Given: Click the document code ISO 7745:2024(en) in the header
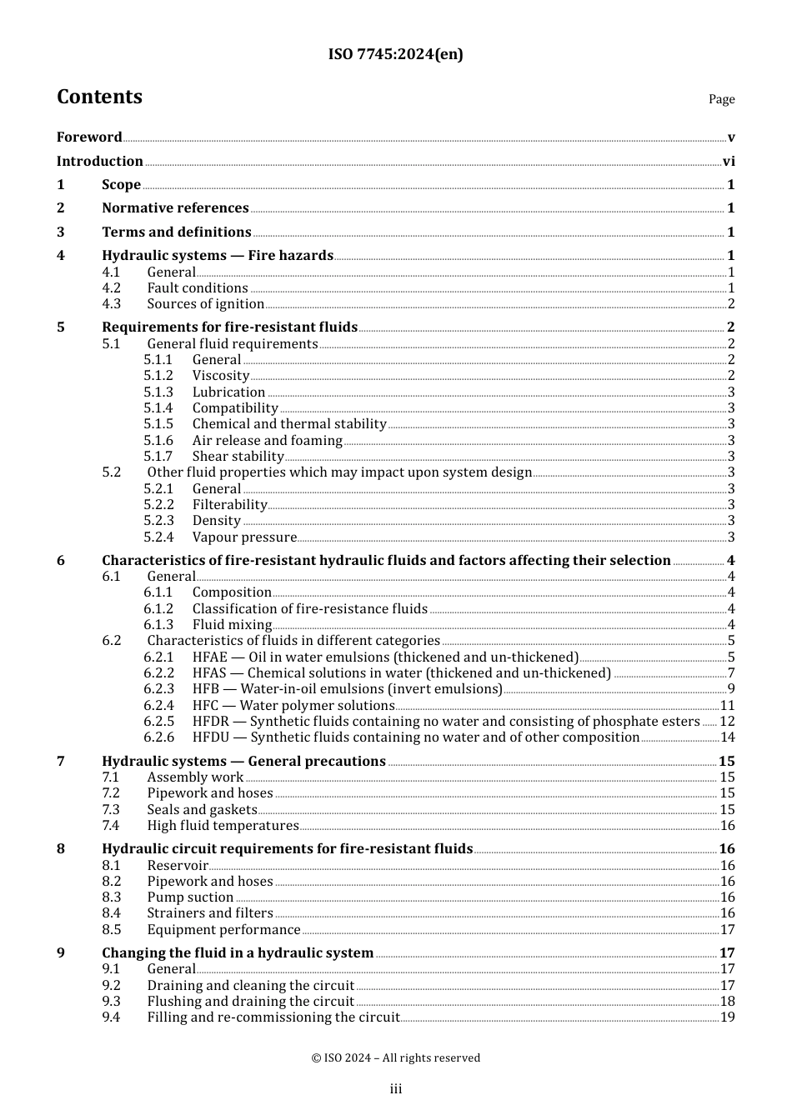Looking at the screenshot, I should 395,54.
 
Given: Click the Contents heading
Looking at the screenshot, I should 99,97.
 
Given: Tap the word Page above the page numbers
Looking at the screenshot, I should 721,99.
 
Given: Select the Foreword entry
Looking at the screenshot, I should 89,137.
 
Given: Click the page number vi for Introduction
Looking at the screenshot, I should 729,162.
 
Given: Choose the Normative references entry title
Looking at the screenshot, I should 175,208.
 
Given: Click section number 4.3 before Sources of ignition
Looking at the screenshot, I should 112,304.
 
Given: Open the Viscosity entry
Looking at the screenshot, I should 221,376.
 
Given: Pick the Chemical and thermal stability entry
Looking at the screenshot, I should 289,424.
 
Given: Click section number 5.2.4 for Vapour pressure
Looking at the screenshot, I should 158,537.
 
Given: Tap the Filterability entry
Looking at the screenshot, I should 229,505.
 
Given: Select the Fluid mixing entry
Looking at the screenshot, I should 232,625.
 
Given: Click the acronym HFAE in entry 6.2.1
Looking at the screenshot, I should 210,657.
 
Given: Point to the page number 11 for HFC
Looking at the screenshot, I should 727,706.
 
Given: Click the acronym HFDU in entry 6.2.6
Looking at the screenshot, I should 211,737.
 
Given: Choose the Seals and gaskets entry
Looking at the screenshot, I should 202,810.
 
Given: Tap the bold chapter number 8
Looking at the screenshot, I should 61,849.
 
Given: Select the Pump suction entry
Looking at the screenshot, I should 190,897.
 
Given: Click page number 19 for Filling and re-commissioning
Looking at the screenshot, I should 727,1017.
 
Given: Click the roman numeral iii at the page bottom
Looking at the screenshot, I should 396,1089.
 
